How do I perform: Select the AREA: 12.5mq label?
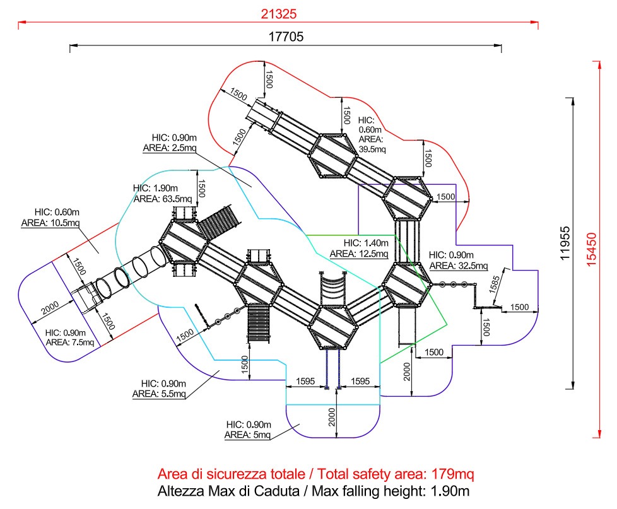point(358,254)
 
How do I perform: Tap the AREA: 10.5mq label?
point(50,223)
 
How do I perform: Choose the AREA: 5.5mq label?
point(159,394)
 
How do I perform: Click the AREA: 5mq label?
point(247,435)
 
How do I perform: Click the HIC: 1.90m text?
point(155,188)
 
